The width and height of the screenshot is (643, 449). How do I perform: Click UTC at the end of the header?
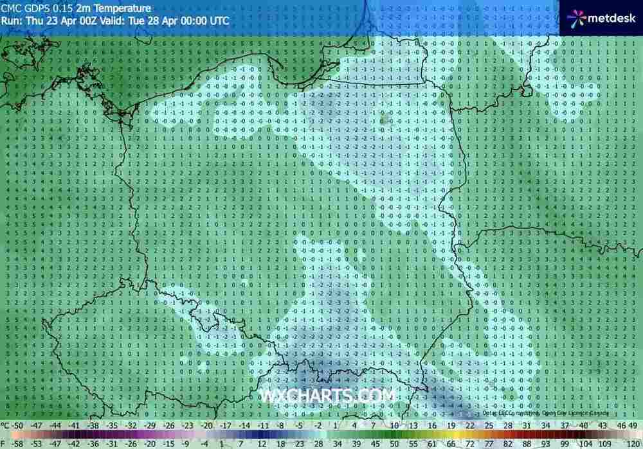point(218,20)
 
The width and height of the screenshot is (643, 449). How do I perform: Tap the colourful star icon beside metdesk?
point(578,18)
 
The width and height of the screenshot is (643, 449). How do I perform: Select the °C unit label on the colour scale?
point(6,425)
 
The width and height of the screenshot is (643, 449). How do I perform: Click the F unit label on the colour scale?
point(4,443)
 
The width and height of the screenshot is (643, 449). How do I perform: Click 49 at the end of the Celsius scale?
point(635,425)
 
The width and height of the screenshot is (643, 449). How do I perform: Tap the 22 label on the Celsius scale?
point(470,425)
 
